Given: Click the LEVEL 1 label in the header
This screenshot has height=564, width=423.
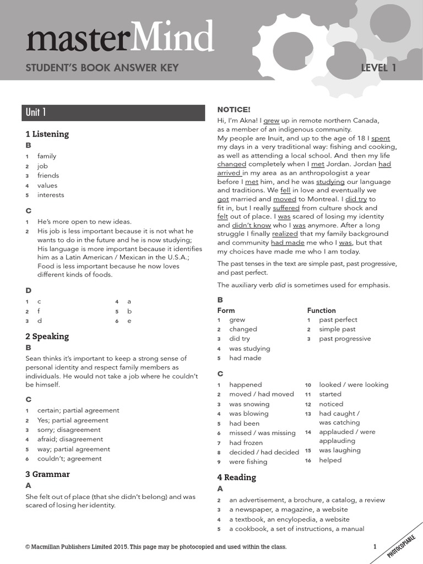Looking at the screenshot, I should tap(378, 68).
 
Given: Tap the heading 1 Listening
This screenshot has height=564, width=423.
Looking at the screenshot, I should tap(47, 134).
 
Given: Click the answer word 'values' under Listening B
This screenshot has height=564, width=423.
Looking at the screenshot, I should tap(47, 185).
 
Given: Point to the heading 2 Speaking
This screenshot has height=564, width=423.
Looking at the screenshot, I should tap(47, 336).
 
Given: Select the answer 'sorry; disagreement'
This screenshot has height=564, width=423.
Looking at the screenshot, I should tap(69, 430).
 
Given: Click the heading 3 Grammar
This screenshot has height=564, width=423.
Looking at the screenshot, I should tap(48, 474).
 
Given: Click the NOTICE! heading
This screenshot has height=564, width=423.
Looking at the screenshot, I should tap(234, 110).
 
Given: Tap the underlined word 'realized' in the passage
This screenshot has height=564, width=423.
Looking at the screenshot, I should tap(285, 234).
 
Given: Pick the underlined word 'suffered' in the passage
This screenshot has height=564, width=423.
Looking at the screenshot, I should tap(286, 208).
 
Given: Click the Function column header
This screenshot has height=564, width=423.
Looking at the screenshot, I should tap(321, 310).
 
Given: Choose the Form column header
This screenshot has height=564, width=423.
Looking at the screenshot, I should tap(226, 310).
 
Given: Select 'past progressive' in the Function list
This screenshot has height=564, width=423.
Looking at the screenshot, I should tap(345, 339).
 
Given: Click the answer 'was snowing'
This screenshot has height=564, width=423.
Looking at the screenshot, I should tap(249, 404).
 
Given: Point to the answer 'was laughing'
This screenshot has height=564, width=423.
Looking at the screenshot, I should tap(340, 450).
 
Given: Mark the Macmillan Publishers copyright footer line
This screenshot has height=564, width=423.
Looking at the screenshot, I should tap(156, 547).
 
